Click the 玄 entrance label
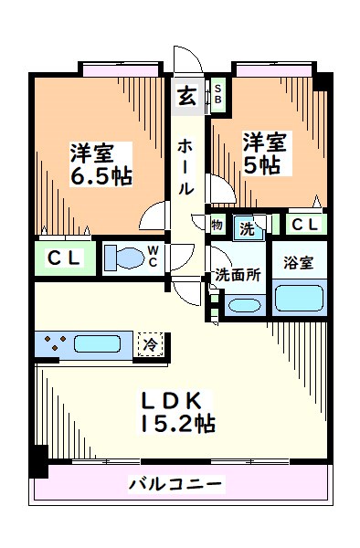(x=185, y=95)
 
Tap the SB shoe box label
(x=219, y=94)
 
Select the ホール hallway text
(x=185, y=167)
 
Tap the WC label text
(x=154, y=258)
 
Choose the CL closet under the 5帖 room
(x=305, y=225)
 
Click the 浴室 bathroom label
(x=298, y=263)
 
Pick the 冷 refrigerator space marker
(x=148, y=345)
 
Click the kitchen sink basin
(x=100, y=345)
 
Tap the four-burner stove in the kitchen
(x=51, y=345)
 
